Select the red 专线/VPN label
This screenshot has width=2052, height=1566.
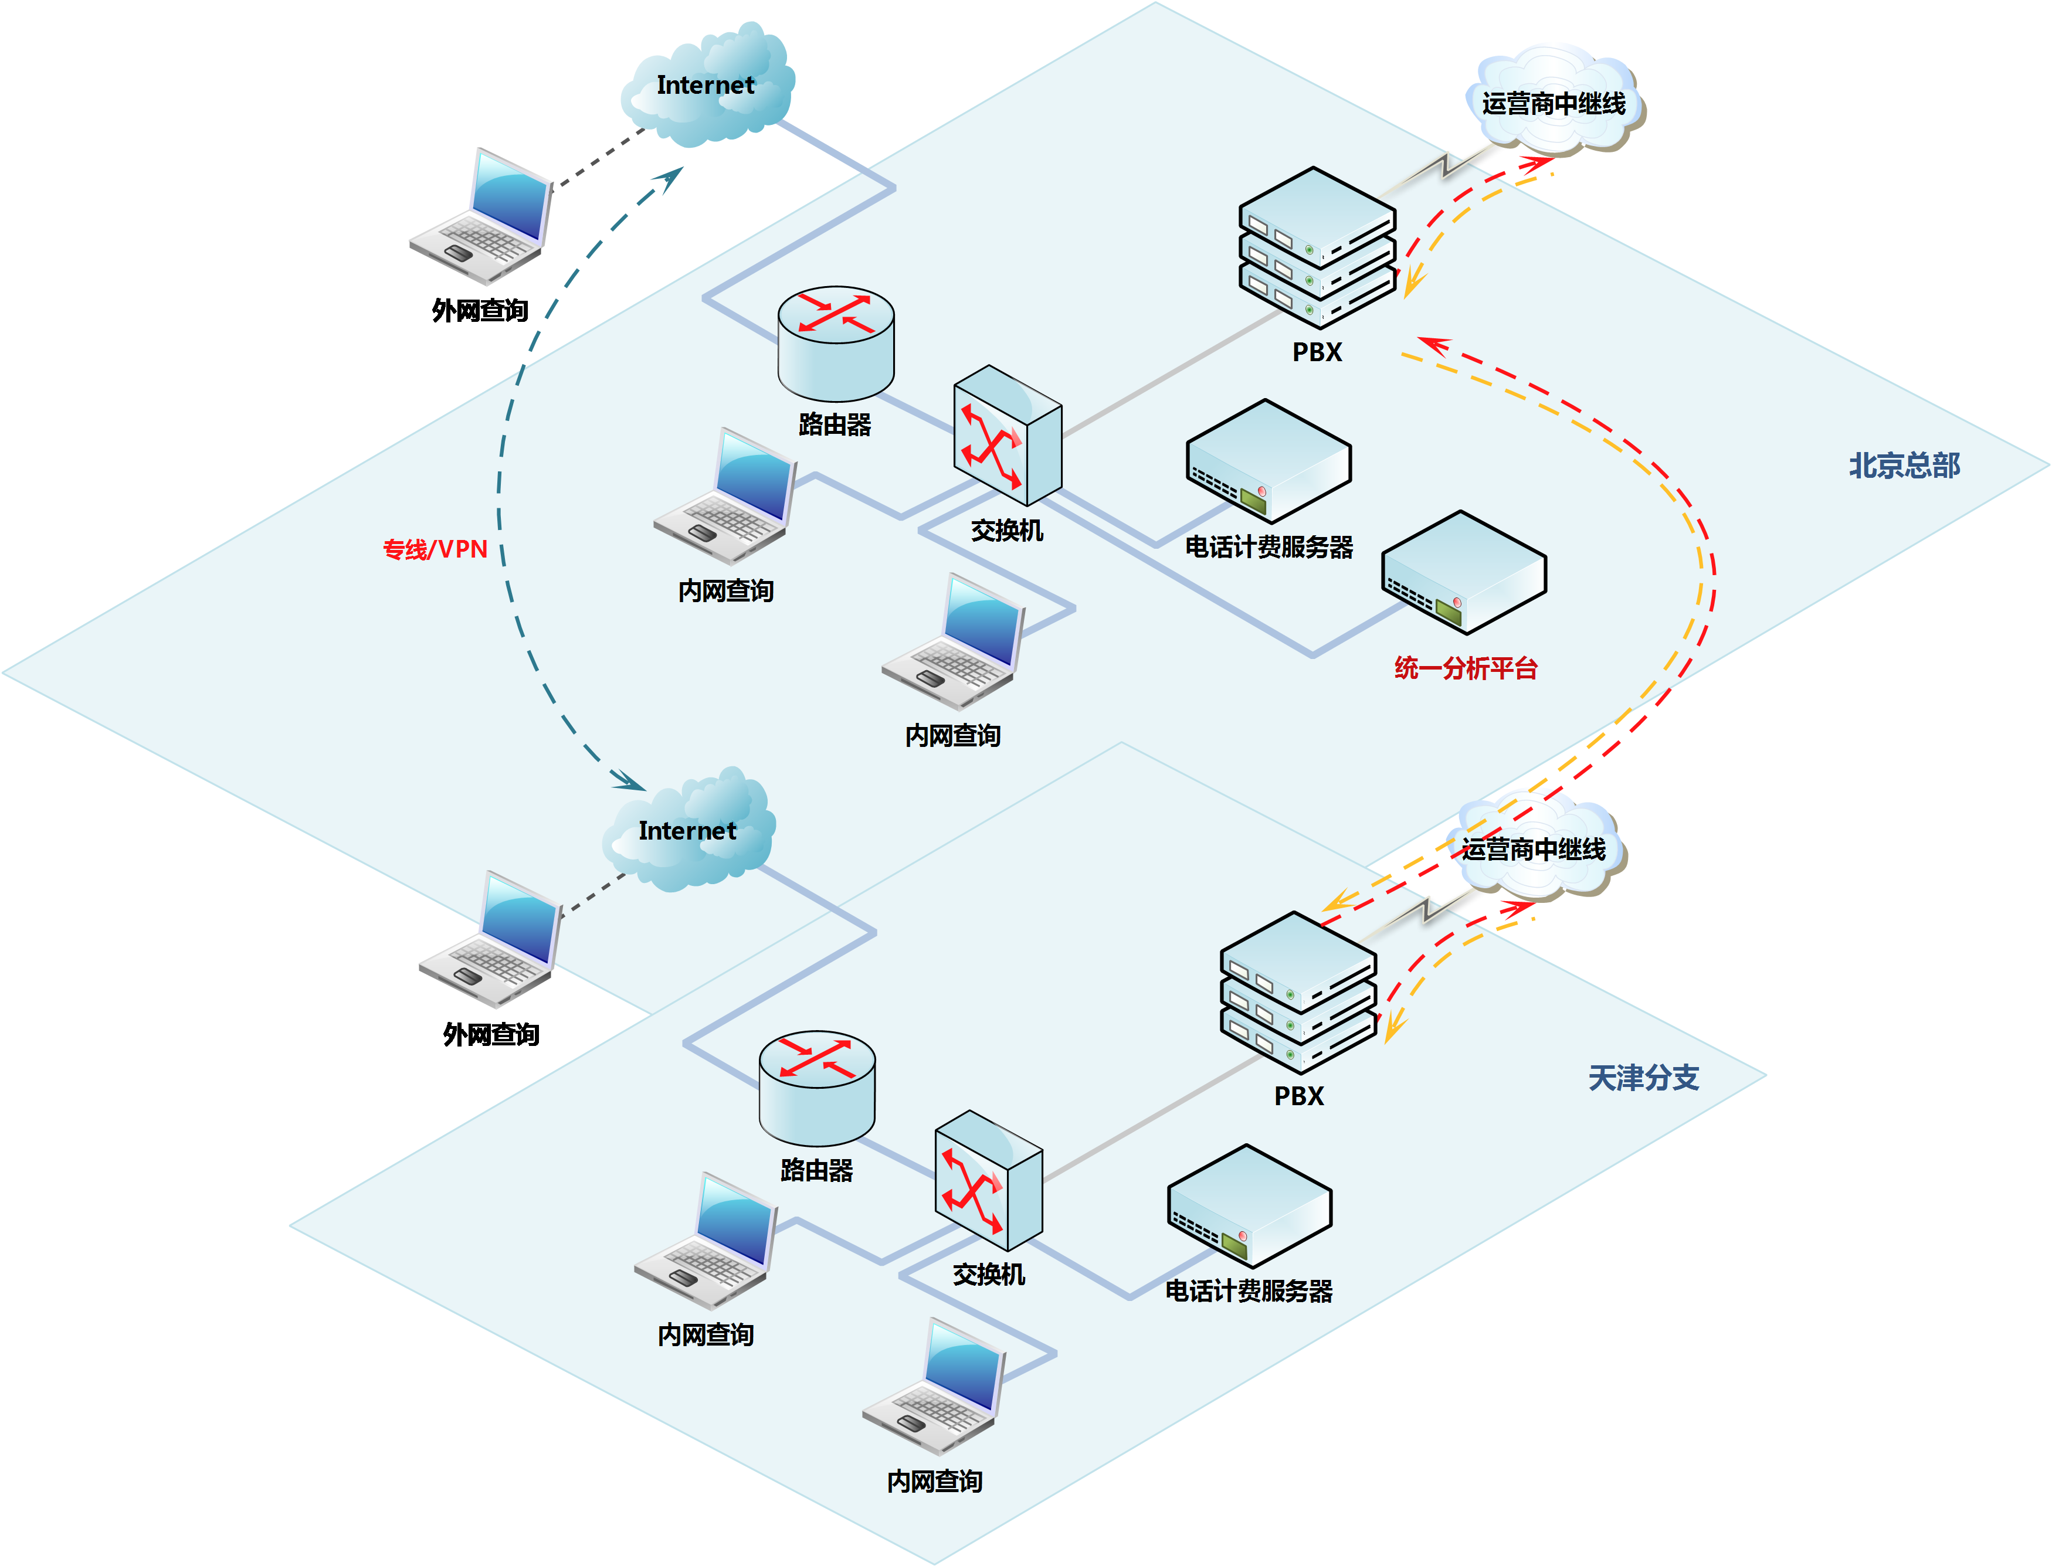pyautogui.click(x=435, y=549)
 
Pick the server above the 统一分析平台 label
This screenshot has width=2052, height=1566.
pyautogui.click(x=1464, y=572)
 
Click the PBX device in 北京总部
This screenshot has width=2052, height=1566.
pyautogui.click(x=1317, y=247)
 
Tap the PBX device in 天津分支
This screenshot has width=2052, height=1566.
pyautogui.click(x=1298, y=992)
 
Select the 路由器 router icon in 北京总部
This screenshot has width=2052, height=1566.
pyautogui.click(x=836, y=343)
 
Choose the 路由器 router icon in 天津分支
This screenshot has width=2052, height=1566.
pyautogui.click(x=817, y=1088)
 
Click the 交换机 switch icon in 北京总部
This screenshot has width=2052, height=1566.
pyautogui.click(x=1007, y=435)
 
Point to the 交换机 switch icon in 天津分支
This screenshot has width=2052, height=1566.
pyautogui.click(x=988, y=1180)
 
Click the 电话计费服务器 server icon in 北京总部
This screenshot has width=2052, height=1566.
pyautogui.click(x=1268, y=460)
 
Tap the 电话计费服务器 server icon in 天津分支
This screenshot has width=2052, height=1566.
pyautogui.click(x=1249, y=1205)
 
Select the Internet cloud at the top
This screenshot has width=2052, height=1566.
pyautogui.click(x=706, y=86)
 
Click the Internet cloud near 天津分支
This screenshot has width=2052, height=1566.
pyautogui.click(x=688, y=831)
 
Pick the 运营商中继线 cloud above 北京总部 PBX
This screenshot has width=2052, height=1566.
pyautogui.click(x=1553, y=101)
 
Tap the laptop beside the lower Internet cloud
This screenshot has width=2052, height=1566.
pyautogui.click(x=490, y=940)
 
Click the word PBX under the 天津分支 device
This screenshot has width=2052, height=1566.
pyautogui.click(x=1298, y=1096)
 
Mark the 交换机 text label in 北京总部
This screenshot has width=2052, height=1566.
pyautogui.click(x=1007, y=531)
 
